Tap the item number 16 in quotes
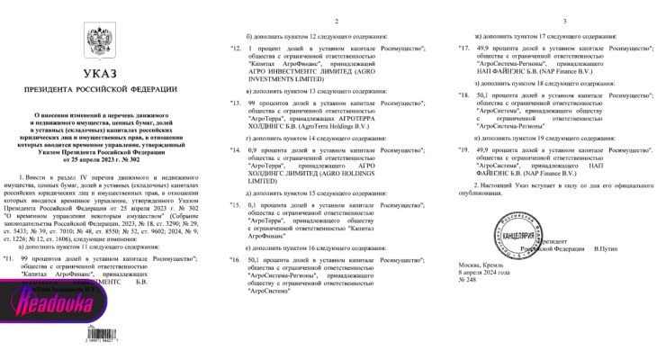pos(237,256)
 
